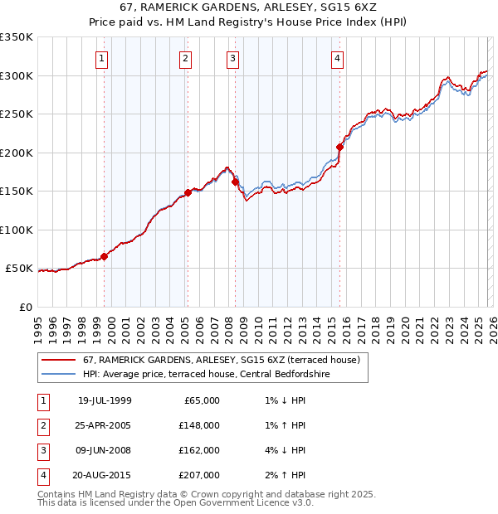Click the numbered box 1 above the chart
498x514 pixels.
[101, 58]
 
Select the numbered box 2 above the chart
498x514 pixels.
[184, 58]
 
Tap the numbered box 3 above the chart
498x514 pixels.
[232, 58]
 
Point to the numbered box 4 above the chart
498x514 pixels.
[338, 58]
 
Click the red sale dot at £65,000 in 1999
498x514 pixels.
[105, 256]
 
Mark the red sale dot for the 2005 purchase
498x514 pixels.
[188, 192]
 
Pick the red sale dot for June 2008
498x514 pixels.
[235, 182]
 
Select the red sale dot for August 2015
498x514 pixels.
[340, 147]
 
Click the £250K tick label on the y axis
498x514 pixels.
[17, 114]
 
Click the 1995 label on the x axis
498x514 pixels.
[38, 322]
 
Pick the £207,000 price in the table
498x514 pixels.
[198, 476]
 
